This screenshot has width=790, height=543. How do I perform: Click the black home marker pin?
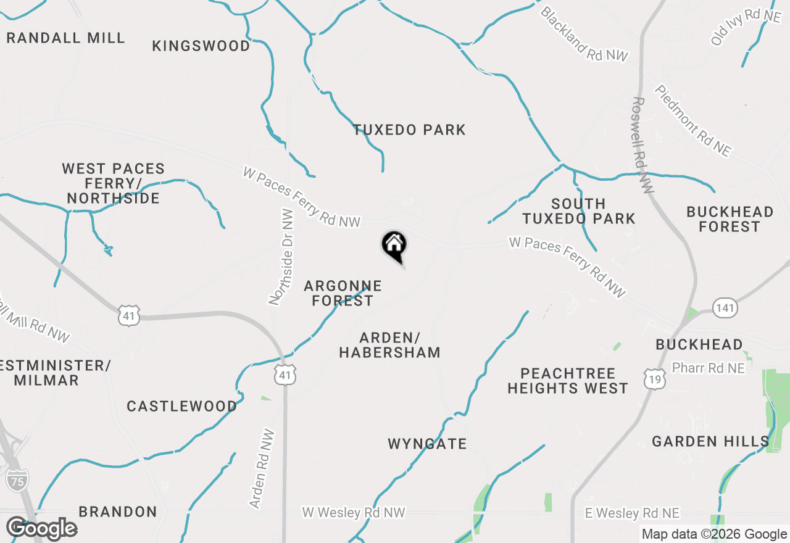pyautogui.click(x=394, y=246)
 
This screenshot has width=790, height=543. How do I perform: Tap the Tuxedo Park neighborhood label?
pyautogui.click(x=409, y=130)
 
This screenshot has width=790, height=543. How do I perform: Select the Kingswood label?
pyautogui.click(x=201, y=46)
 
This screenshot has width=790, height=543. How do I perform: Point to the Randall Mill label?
pyautogui.click(x=65, y=38)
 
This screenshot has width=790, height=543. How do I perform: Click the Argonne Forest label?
pyautogui.click(x=343, y=294)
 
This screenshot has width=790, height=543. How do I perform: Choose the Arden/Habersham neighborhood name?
pyautogui.click(x=390, y=346)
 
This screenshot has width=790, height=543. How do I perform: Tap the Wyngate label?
pyautogui.click(x=427, y=444)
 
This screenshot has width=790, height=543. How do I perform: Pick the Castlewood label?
pyautogui.click(x=182, y=407)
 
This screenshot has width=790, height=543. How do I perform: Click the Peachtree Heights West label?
pyautogui.click(x=568, y=381)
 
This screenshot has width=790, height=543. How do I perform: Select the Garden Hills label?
pyautogui.click(x=710, y=442)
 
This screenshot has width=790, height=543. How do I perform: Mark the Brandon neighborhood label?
pyautogui.click(x=118, y=512)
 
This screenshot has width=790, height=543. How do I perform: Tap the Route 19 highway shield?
pyautogui.click(x=654, y=379)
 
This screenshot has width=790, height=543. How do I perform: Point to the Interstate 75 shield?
pyautogui.click(x=17, y=480)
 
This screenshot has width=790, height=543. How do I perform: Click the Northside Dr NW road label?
pyautogui.click(x=281, y=257)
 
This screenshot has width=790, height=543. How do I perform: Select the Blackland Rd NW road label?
pyautogui.click(x=584, y=35)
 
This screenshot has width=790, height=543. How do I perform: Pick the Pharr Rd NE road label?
pyautogui.click(x=709, y=368)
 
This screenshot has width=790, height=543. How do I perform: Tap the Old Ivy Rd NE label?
pyautogui.click(x=746, y=27)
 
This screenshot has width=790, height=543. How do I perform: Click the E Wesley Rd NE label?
pyautogui.click(x=632, y=513)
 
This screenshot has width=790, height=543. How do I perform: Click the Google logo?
pyautogui.click(x=42, y=529)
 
